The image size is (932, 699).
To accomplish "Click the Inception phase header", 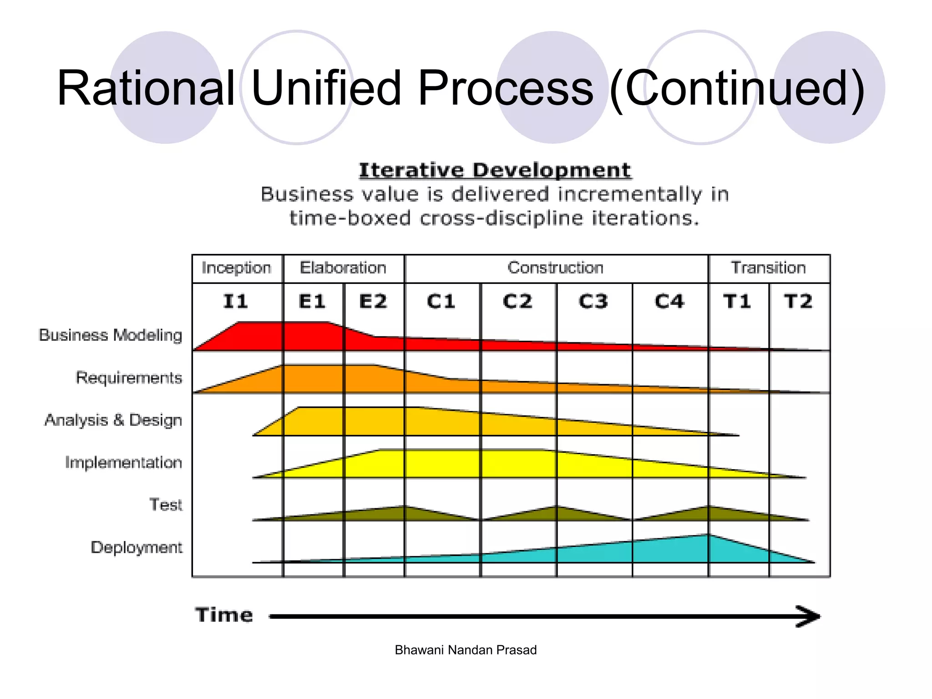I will click(x=236, y=268).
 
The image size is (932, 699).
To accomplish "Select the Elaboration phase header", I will click(x=343, y=268).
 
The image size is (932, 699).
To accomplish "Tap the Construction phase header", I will click(x=556, y=268).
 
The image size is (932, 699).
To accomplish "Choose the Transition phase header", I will click(x=769, y=268).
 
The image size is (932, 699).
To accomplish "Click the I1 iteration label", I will click(x=236, y=302).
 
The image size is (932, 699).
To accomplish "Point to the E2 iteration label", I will click(x=373, y=302).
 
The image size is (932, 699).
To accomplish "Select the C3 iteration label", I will click(x=593, y=302).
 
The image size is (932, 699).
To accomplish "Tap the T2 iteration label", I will click(x=798, y=302).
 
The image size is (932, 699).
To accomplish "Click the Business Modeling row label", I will click(x=111, y=335).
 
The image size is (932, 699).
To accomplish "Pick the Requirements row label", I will click(x=129, y=378).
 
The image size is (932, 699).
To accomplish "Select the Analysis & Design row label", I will click(x=113, y=420).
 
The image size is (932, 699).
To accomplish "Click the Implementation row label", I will click(x=123, y=462).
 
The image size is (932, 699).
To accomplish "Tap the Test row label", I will click(x=166, y=505).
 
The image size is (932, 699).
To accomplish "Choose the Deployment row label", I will click(x=137, y=547).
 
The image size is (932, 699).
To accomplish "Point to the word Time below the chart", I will click(x=224, y=615).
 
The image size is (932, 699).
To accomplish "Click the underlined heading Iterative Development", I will click(x=495, y=171).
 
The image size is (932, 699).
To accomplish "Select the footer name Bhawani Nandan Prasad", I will click(x=466, y=650).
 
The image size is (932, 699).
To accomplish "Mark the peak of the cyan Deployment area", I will click(x=708, y=536).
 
